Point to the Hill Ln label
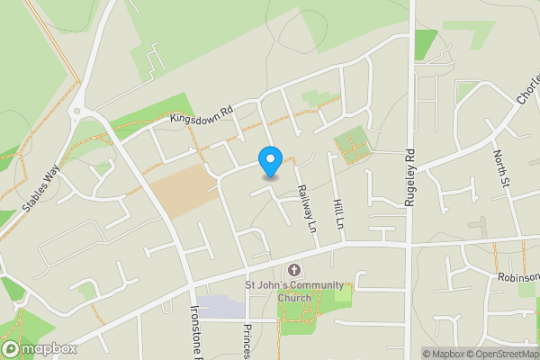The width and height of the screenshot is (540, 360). (339, 212)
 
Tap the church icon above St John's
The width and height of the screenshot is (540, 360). (293, 270)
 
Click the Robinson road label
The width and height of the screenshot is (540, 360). (517, 278)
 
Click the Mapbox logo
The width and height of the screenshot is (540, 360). (38, 349)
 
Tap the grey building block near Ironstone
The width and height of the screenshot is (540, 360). (221, 308)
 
